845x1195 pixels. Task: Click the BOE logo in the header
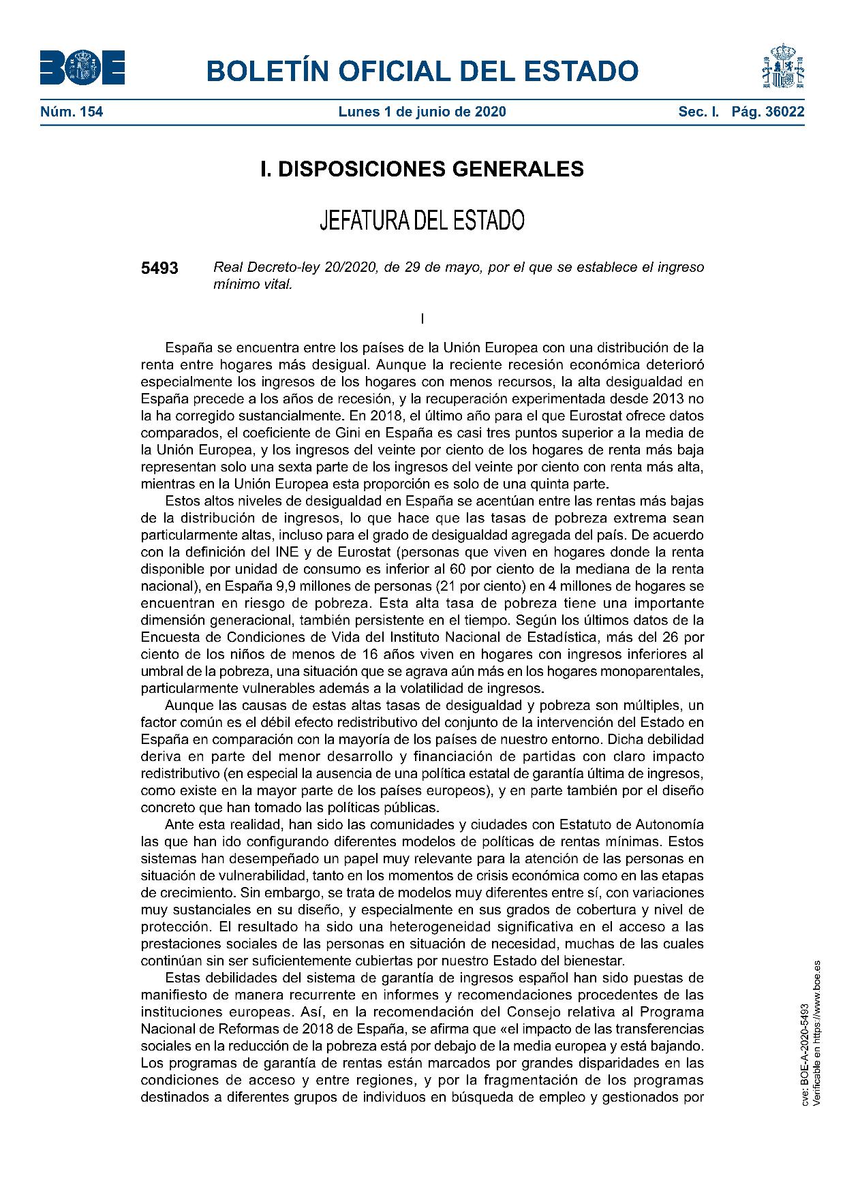coord(82,69)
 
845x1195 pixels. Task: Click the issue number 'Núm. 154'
coord(72,112)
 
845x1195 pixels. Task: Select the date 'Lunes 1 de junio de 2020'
coord(422,112)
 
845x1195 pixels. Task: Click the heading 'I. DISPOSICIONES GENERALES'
coord(422,169)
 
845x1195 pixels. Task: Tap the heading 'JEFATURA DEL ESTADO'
coord(422,220)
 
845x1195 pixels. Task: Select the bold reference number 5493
coord(159,268)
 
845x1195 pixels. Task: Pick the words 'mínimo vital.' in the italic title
coord(252,285)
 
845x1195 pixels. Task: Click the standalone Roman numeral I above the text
coord(422,318)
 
